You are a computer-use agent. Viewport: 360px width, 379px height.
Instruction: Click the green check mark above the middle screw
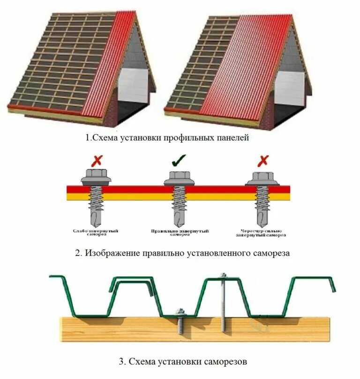point(178,161)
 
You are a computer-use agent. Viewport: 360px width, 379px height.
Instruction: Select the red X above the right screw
point(262,161)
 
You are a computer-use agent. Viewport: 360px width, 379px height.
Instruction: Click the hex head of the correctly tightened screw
point(178,176)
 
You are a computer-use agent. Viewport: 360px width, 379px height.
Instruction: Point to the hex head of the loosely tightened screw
point(96,174)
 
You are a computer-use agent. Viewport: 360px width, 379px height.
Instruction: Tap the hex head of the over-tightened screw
point(262,177)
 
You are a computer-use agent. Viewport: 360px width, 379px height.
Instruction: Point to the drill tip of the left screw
point(96,220)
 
